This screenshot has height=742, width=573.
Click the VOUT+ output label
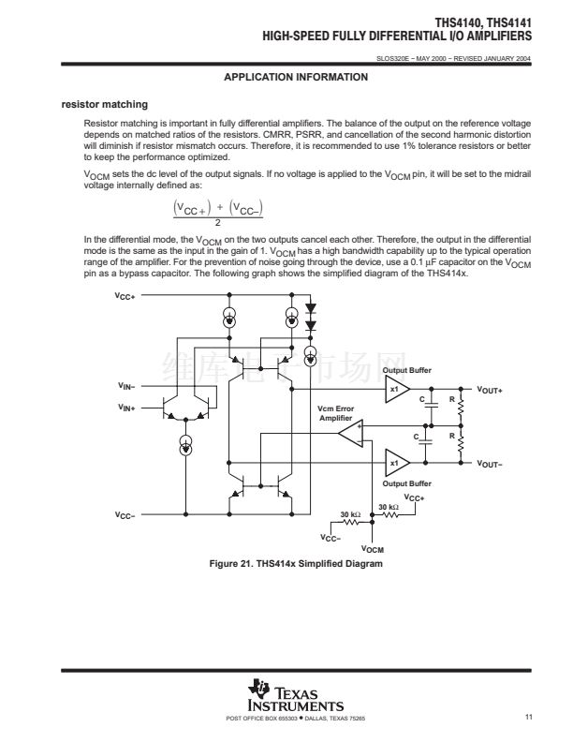pos(490,389)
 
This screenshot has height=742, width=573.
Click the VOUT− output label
pos(490,463)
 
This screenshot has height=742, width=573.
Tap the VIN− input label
pos(126,385)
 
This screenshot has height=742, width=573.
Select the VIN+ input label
pos(126,408)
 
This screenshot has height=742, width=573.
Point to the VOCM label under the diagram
pos(373,549)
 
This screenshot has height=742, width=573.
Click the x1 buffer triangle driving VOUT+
pos(396,389)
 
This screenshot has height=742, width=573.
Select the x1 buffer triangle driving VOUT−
pos(396,463)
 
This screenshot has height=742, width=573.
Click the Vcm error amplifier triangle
pos(350,433)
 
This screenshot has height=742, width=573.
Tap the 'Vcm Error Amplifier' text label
pos(336,413)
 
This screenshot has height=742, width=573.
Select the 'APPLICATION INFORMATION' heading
pos(296,77)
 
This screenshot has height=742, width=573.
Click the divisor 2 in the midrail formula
pos(217,222)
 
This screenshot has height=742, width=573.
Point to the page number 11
pos(529,718)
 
